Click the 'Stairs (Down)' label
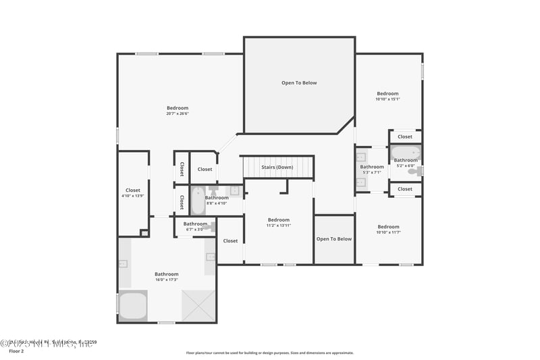pos(277,167)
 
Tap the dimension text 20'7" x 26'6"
pos(178,113)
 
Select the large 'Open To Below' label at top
pos(299,83)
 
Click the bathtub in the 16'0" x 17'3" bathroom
pos(133,305)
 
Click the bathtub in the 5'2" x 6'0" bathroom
pos(405,152)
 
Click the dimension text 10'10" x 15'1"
pos(387,99)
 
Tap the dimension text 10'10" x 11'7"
pos(388,232)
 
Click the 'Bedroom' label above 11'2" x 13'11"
pos(278,220)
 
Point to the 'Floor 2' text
pos(16,351)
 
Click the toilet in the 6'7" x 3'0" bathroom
pos(211,228)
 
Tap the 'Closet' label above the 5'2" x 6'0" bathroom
pos(405,136)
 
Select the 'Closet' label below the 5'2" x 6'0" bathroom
pos(405,189)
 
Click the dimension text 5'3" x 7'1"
pos(371,172)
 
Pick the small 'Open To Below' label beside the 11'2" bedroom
pos(334,238)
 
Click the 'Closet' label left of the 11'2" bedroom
pos(230,240)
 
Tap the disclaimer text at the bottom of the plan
pos(270,353)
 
